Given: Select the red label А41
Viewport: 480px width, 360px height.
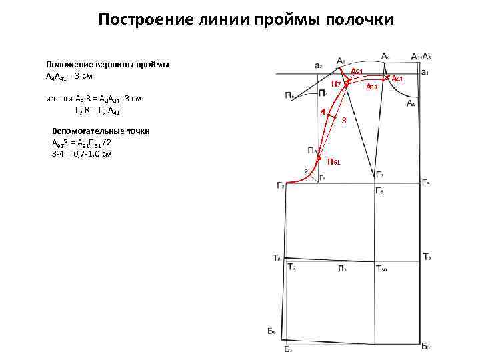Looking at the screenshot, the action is point(398,79).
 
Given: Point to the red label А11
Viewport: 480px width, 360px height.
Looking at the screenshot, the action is point(372,87).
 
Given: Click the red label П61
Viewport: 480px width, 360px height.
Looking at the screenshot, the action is point(335,163).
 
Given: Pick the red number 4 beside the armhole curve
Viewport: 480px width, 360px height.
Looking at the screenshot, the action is point(323,111).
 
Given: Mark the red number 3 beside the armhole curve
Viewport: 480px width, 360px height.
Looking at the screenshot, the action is point(343,121).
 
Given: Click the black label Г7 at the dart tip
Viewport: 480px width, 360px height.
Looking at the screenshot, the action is point(379,175).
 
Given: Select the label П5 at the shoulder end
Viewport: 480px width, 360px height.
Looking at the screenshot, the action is point(291,95).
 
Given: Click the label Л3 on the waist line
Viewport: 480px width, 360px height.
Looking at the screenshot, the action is point(341,269).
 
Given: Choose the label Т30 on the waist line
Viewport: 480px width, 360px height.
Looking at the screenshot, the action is point(382,269).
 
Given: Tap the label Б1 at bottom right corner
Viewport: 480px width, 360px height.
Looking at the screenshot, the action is point(426,347).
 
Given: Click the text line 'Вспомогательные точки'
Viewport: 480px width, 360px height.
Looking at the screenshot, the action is point(101,131).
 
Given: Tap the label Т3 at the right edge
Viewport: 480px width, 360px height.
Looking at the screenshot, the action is point(427,257).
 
